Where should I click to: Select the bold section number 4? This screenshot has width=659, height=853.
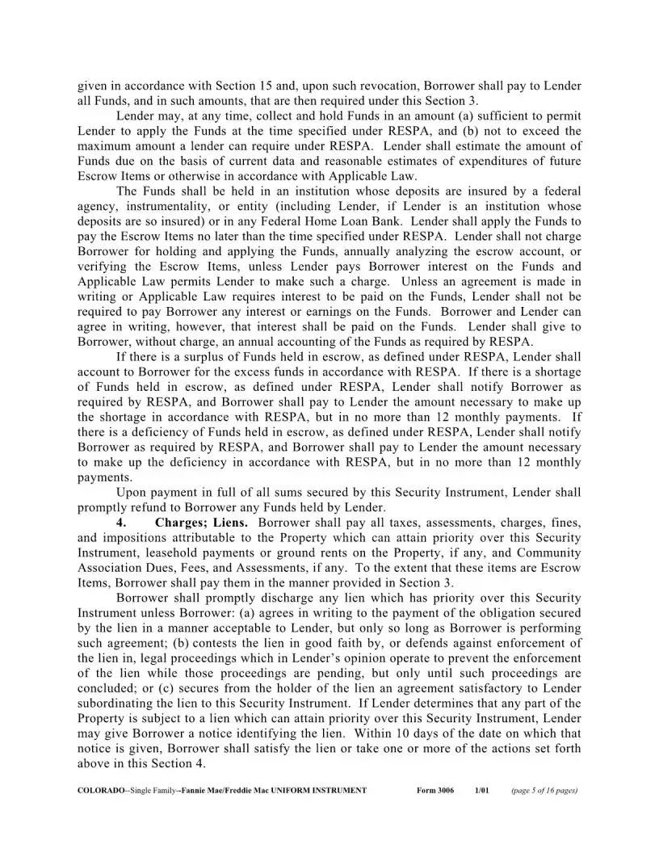(120, 523)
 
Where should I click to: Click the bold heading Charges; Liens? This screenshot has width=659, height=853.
(191, 523)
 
